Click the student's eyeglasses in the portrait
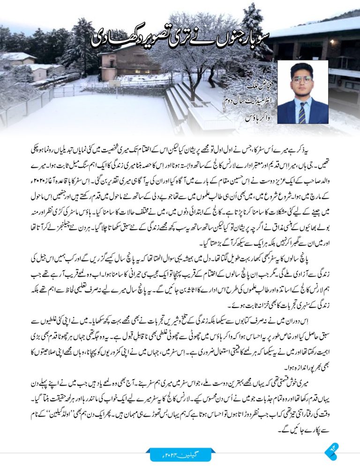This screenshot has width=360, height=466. [302, 79]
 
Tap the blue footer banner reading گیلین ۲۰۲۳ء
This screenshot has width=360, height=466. [180, 454]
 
